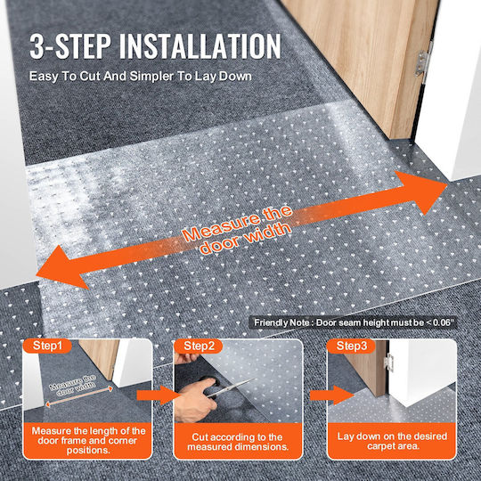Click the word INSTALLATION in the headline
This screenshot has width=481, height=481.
[x=200, y=46]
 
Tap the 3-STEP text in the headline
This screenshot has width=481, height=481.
[x=70, y=46]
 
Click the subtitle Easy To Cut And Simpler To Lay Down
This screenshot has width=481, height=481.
[x=141, y=76]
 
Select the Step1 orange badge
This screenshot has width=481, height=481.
[x=47, y=346]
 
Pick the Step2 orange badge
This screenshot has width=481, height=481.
[x=199, y=346]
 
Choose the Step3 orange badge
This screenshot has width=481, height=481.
[x=352, y=346]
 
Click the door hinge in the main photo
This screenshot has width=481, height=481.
[x=423, y=63]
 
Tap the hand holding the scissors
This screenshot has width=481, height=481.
[x=196, y=400]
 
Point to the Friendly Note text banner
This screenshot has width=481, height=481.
[x=353, y=322]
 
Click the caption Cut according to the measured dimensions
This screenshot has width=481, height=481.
[x=238, y=442]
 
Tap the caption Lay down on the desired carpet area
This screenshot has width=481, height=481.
[x=392, y=441]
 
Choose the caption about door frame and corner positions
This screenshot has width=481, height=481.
[x=88, y=441]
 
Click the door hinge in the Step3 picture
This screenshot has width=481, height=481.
[x=389, y=363]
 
